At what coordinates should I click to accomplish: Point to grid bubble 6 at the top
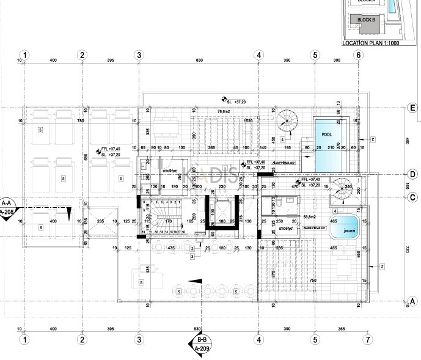(358, 55)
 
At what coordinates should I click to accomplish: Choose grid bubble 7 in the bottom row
(367, 339)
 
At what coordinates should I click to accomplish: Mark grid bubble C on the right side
(412, 197)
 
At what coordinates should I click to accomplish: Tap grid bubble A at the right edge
(412, 301)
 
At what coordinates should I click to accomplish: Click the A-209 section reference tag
(202, 350)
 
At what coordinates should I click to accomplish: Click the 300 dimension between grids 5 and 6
(336, 61)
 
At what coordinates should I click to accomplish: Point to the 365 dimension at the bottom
(341, 329)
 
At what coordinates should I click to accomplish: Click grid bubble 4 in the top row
(259, 55)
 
